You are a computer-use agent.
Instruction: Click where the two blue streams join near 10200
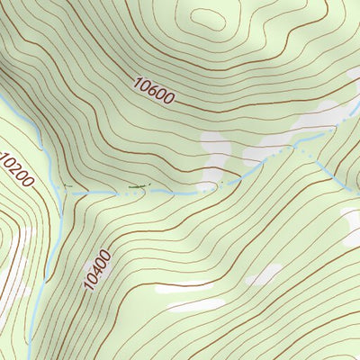point(60,193)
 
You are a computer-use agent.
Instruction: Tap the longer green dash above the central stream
point(137,186)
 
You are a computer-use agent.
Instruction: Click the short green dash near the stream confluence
point(66,186)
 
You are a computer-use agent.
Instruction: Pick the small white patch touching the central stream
point(208,187)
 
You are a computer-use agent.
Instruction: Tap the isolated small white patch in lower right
point(265,274)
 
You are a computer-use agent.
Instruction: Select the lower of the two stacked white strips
point(193,305)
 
